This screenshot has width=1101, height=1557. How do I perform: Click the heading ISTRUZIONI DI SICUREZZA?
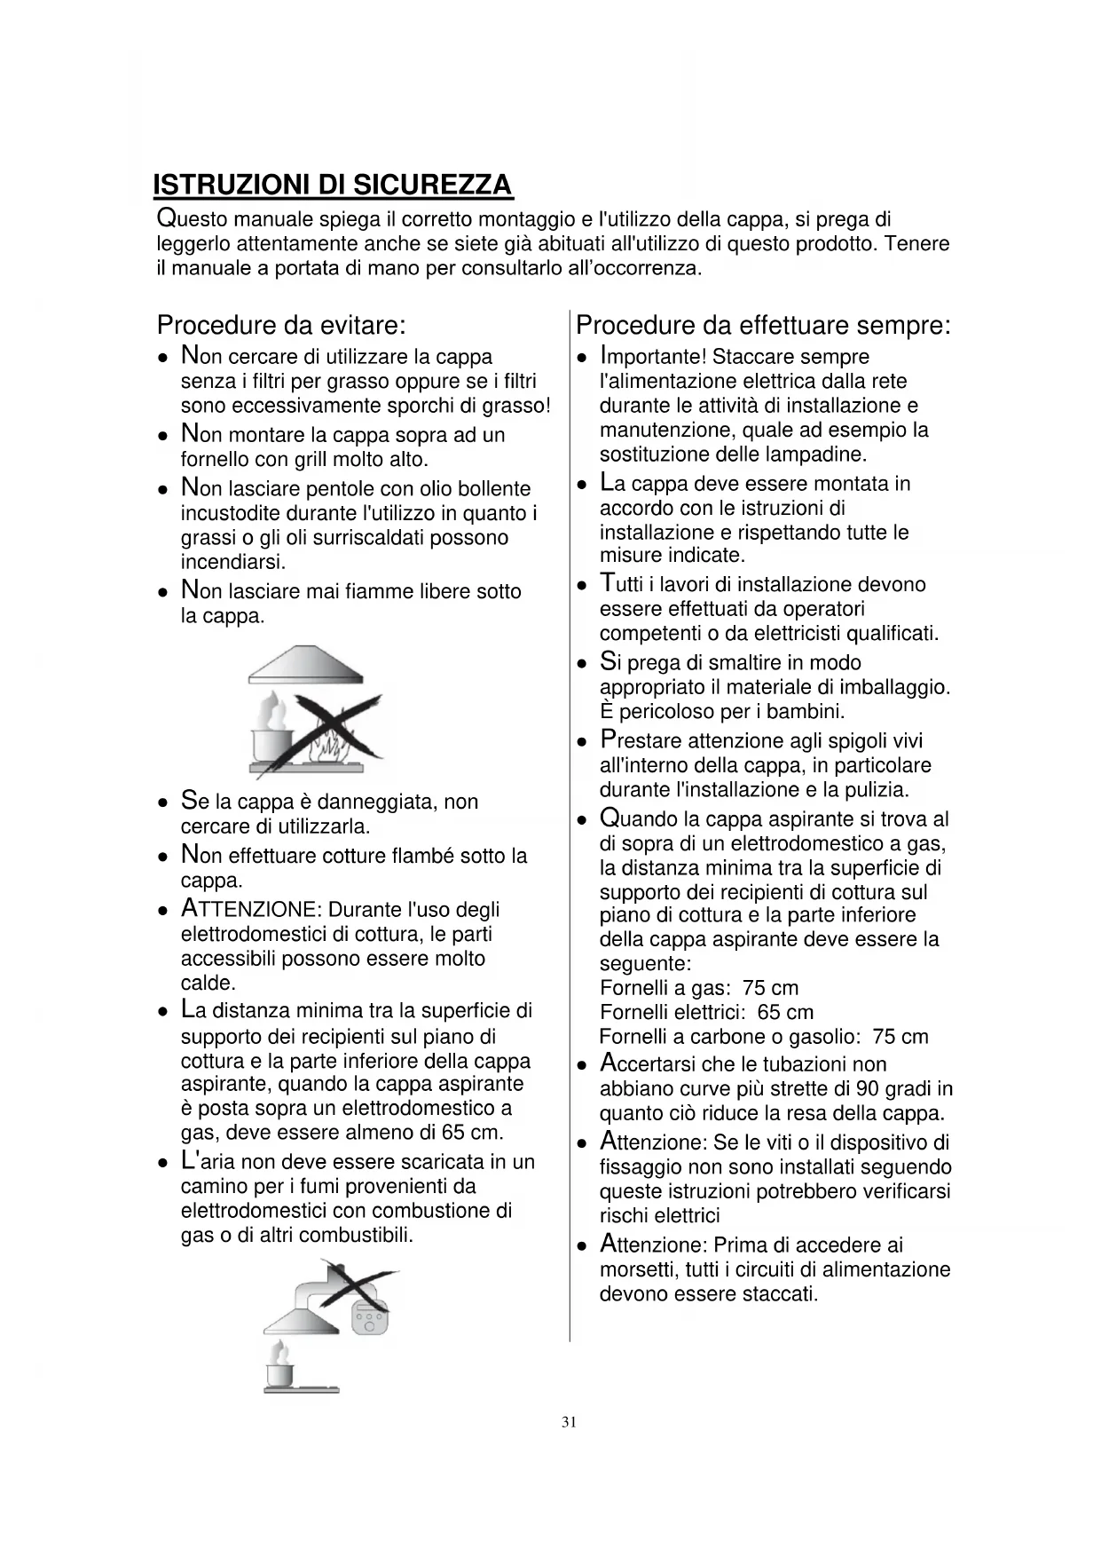(333, 186)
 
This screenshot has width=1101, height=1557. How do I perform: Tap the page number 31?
(570, 1422)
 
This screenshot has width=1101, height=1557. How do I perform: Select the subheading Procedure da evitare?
(281, 325)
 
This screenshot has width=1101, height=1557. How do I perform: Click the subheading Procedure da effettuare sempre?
(763, 325)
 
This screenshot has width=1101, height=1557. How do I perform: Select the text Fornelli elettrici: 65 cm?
(706, 1012)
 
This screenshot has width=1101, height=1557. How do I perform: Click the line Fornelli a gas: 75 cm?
(699, 988)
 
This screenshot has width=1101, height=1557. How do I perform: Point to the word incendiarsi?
(232, 562)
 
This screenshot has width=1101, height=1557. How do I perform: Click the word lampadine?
(818, 454)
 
